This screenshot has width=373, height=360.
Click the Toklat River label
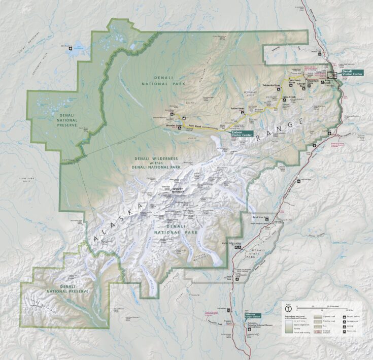tap(238, 109)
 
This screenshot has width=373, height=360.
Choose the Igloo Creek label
tap(289, 96)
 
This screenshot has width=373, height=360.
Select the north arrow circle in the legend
tap(288, 308)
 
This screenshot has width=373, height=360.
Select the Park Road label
tap(191, 125)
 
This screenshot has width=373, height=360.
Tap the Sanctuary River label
tap(296, 81)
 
